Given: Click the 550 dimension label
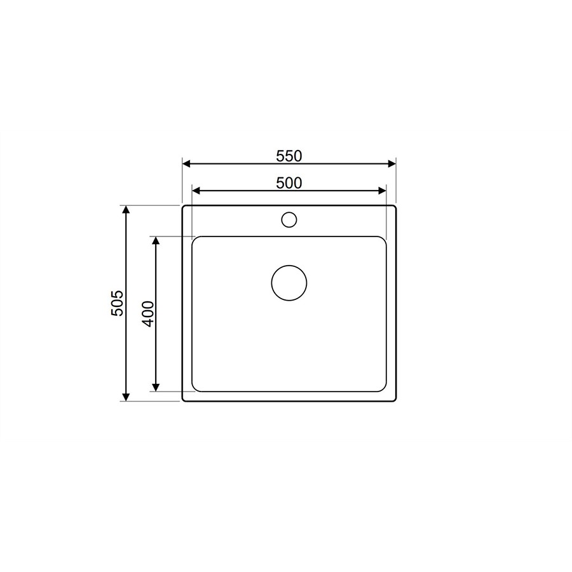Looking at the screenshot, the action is point(289,156).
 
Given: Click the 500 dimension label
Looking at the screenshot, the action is point(289,183).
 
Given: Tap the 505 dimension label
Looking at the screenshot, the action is point(118,303).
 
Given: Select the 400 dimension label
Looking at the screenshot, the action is point(148,314).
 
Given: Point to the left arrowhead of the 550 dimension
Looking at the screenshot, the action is point(186,164).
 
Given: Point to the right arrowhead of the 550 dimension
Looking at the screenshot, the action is point(392,164).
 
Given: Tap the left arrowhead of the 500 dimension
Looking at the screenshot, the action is point(196,191).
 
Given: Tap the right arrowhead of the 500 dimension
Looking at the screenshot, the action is point(382,191).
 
